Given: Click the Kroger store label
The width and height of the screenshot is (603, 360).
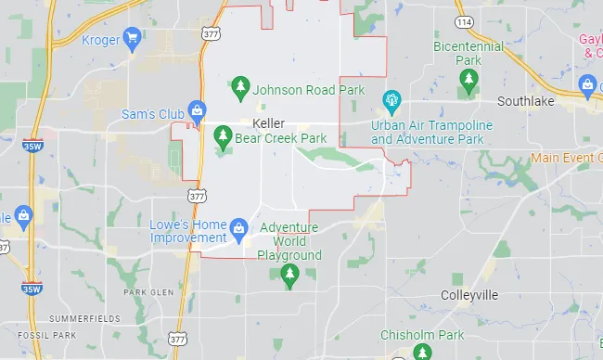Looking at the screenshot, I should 101,39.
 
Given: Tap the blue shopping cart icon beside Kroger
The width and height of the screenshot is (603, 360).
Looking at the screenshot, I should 133,39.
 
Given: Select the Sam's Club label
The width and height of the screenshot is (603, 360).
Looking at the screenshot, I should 153,114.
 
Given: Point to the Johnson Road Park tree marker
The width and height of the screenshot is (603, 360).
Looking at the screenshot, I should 240,89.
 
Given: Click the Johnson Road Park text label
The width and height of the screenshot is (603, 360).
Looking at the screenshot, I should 309,90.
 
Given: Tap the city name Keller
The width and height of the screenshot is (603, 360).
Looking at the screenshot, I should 268,123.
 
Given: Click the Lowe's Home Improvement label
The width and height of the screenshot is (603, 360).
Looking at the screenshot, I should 188,231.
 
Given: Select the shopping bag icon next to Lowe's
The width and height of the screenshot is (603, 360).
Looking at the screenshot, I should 239,227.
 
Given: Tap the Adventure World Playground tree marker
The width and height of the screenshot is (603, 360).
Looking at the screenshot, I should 289,274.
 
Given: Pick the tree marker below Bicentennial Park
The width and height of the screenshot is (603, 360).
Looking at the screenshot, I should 468,84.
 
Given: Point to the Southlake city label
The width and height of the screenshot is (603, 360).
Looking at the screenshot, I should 526,101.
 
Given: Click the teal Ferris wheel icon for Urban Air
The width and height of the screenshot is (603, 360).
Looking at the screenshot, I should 391,99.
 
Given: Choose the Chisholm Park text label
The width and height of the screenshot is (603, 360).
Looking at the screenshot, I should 421,335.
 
